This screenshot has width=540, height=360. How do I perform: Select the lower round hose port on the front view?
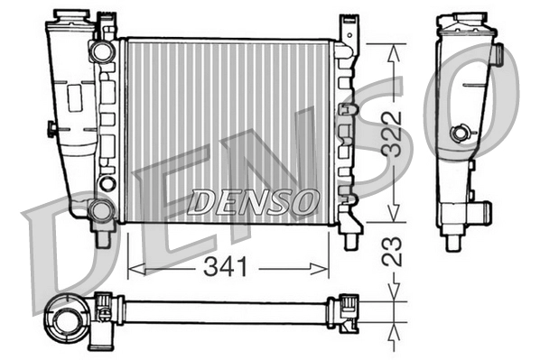[102, 211]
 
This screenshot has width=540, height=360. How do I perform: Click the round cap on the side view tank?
[462, 134]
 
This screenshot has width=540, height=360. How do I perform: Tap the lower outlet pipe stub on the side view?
[480, 214]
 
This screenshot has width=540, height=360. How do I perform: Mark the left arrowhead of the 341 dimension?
[132, 266]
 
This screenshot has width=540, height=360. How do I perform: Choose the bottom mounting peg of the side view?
[453, 242]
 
